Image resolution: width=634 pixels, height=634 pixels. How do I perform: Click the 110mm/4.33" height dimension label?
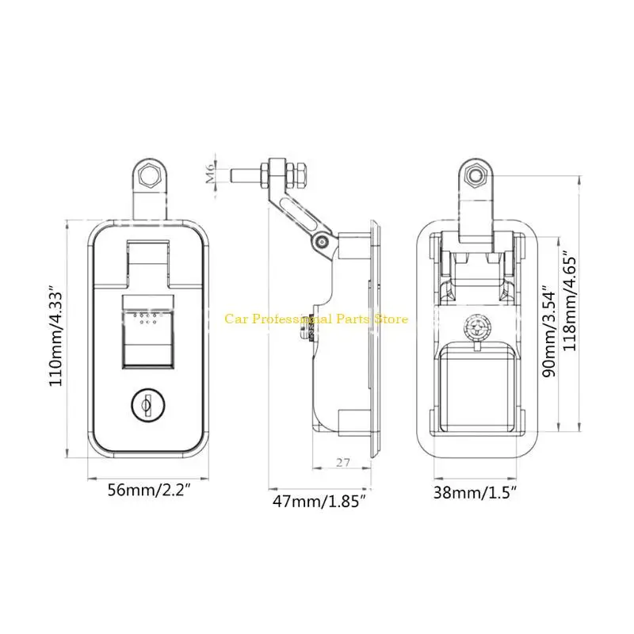55,335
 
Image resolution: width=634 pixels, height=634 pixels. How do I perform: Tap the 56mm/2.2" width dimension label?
148,490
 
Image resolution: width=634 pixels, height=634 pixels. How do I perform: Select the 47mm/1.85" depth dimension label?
319,501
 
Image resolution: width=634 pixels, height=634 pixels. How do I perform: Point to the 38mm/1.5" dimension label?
475,492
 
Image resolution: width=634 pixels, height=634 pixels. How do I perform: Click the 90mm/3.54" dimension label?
549,331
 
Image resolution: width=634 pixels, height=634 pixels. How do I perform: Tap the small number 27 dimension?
342,462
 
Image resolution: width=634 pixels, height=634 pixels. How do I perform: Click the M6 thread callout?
210,174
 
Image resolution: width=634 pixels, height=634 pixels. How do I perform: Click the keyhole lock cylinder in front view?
148,404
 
